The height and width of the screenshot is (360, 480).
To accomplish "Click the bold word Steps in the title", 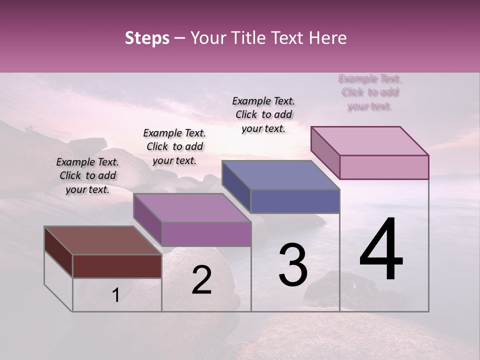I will point(147,38).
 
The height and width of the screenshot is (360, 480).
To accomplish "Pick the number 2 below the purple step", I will point(201,280).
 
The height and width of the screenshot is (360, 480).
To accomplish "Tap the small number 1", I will point(115,295).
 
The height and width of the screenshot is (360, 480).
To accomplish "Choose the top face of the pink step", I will point(370,141).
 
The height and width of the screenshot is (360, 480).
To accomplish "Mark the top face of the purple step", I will point(192,208).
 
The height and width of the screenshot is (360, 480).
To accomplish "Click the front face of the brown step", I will point(117,266).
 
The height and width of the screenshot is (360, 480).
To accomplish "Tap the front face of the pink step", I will point(384,167).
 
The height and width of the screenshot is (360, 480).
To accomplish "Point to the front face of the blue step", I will point(295,201).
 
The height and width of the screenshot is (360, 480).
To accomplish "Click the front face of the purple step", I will point(206,234).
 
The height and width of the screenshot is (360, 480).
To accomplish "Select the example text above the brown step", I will point(87,175).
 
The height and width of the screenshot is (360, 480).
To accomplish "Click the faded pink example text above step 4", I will point(370,92).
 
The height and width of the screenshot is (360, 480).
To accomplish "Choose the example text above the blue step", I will point(263,114).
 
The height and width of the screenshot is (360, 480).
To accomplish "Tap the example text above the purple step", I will point(174,146).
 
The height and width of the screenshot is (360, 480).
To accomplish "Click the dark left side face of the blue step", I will point(236,186).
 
